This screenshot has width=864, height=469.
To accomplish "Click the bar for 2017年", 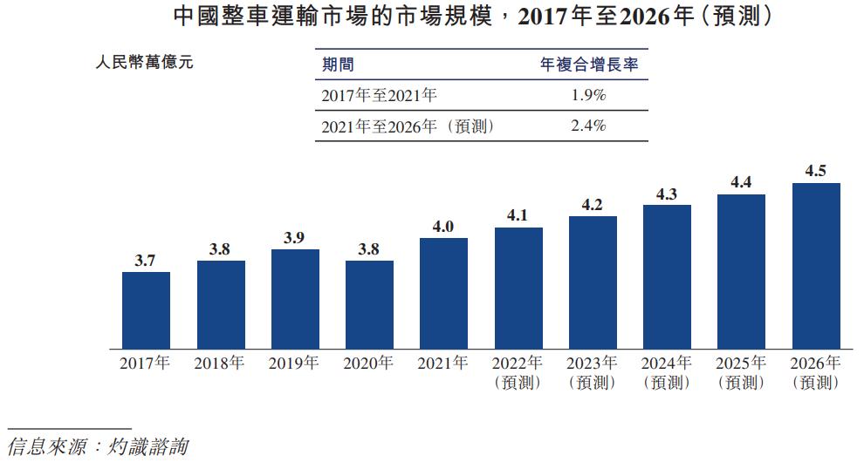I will click(146, 310).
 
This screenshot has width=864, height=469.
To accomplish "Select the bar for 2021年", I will click(443, 293).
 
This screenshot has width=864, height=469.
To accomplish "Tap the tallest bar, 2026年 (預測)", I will click(815, 266).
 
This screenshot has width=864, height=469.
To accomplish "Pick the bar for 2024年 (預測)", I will click(667, 276).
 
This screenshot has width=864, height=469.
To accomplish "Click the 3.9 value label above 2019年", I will click(294, 238).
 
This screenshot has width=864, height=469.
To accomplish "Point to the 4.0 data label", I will click(443, 227).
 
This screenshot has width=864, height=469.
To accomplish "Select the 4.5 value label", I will click(815, 172).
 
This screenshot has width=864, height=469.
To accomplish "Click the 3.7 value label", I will click(146, 260).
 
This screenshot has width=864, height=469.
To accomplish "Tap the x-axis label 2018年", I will click(220, 364).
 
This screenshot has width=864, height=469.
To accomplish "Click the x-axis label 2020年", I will click(369, 364).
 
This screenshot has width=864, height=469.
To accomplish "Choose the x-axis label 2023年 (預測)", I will click(593, 372).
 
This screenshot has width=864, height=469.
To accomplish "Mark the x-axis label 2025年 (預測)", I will click(741, 372).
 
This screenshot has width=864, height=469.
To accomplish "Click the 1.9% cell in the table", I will click(588, 95).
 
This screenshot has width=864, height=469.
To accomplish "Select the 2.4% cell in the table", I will click(588, 126).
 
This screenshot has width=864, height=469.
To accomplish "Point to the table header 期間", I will click(338, 65).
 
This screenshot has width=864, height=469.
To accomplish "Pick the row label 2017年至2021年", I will click(379, 95).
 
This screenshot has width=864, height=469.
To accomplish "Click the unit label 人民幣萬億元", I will click(143, 64).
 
